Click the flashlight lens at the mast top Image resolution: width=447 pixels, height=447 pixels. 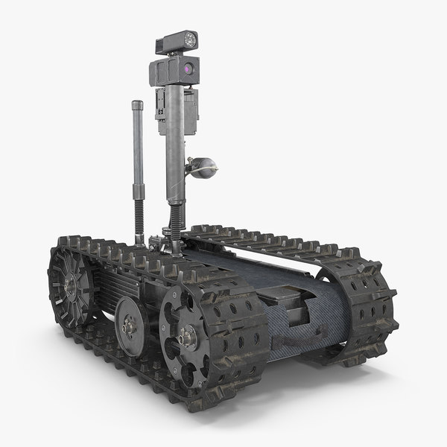click(x=189, y=41)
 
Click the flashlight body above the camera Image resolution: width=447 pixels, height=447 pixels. click(x=173, y=43)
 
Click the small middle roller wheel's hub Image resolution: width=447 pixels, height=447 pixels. click(x=131, y=325)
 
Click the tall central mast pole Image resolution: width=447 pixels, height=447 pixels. click(x=173, y=149)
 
